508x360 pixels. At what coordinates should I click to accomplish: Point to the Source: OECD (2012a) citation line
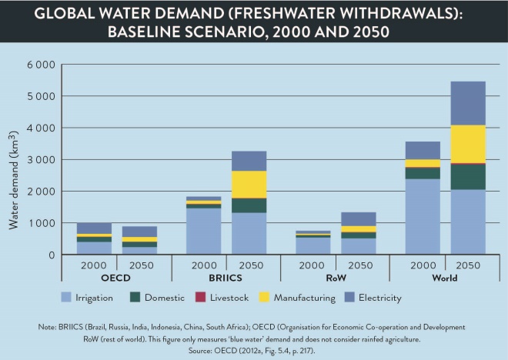click(254, 349)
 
